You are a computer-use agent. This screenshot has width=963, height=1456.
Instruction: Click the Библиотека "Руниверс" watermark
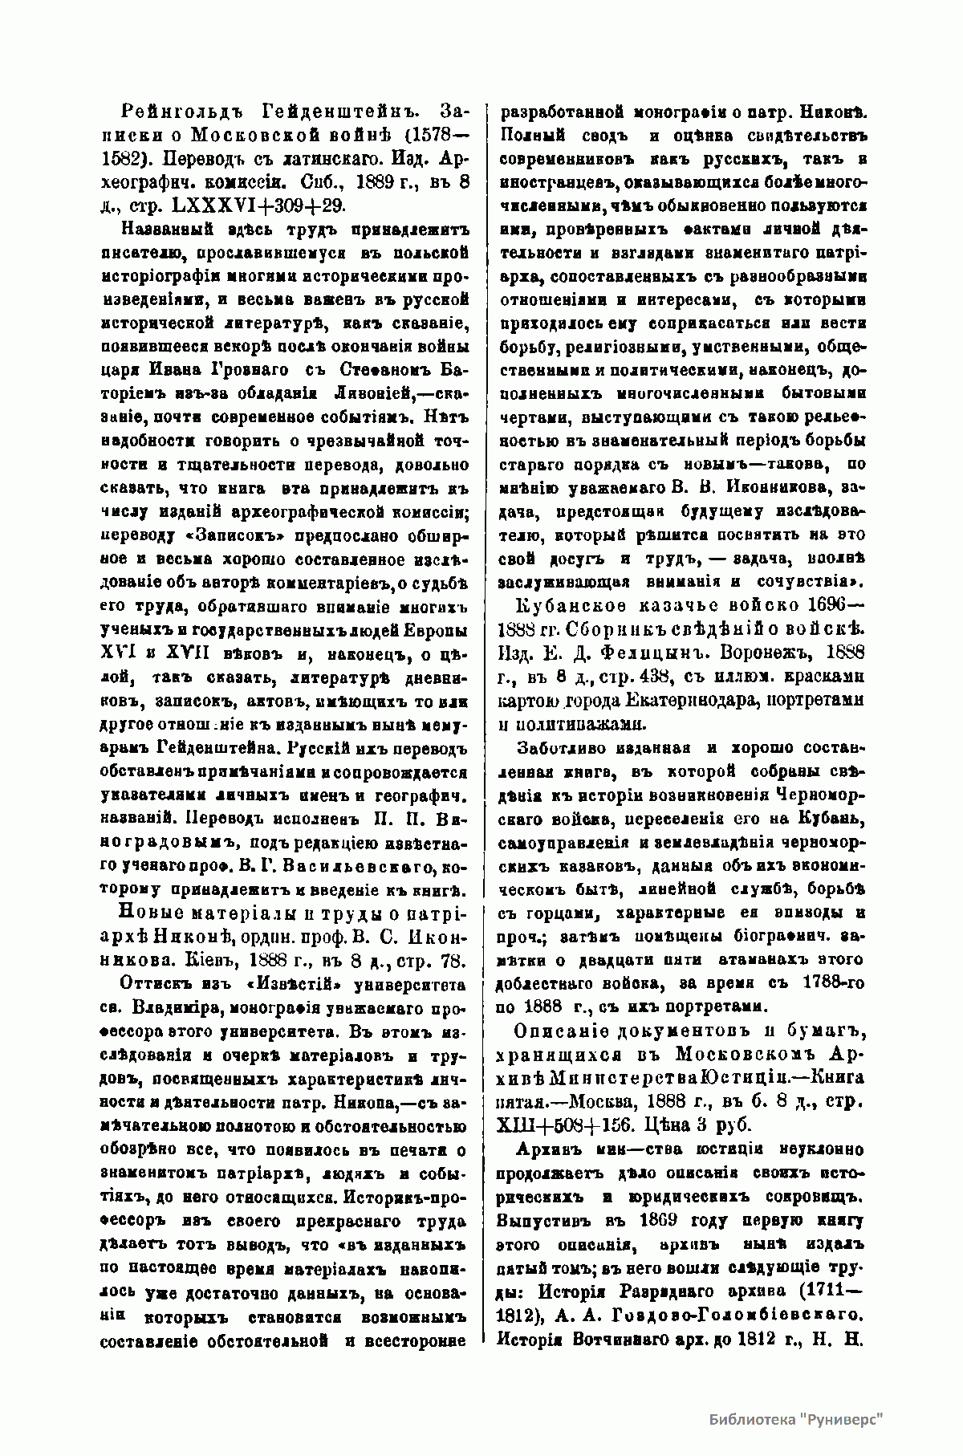[795, 1417]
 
